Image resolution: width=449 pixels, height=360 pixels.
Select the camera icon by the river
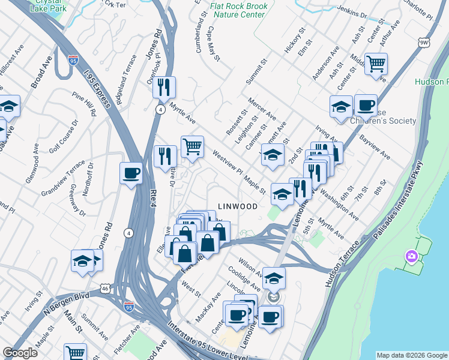tap(411, 257)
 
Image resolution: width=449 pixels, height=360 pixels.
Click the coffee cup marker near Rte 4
tap(131, 174)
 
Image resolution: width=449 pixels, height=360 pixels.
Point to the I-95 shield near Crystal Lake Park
tap(73, 61)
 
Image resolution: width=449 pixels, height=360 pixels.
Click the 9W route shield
tap(424, 43)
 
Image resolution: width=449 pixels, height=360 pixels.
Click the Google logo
tap(20, 353)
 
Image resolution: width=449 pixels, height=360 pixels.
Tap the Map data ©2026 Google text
tap(411, 355)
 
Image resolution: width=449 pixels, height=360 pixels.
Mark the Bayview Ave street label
tap(376, 147)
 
